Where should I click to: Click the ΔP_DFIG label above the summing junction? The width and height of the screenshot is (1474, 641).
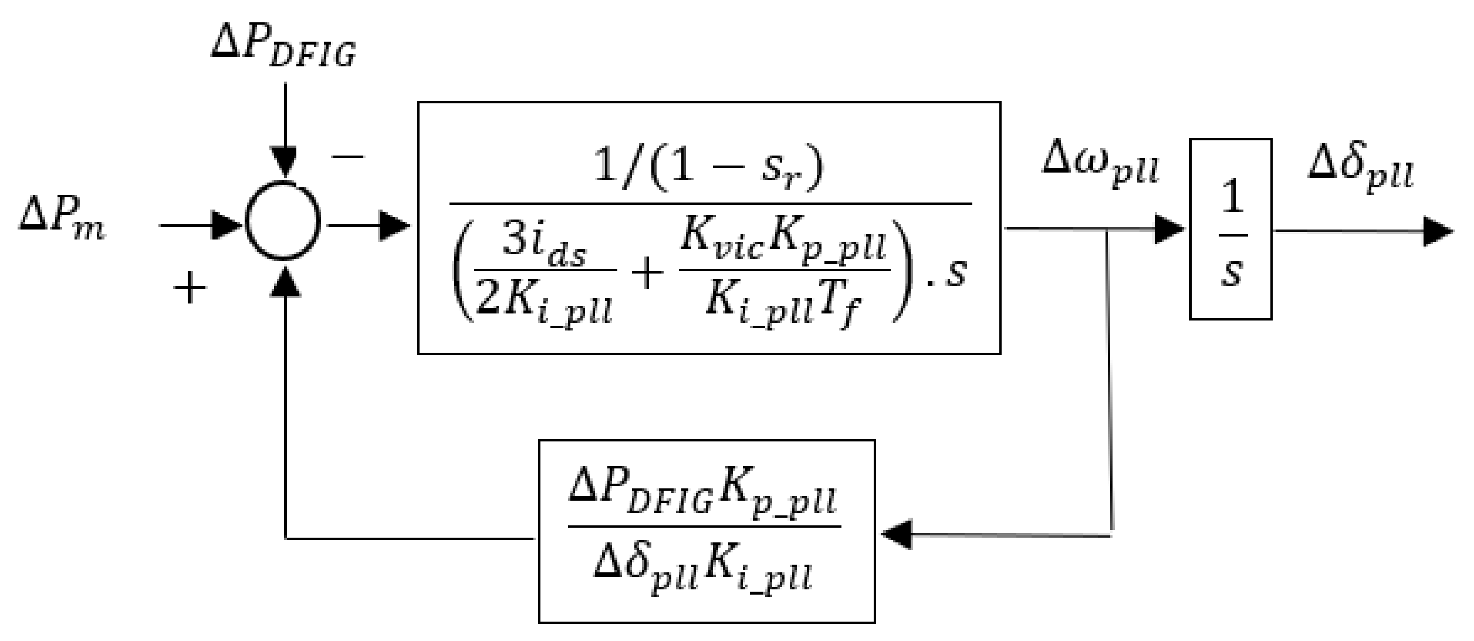pos(283,49)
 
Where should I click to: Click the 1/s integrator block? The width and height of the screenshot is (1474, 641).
pos(1230,229)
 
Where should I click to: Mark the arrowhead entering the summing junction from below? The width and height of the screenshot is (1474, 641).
pos(285,281)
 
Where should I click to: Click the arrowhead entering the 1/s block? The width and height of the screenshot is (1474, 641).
pos(1169,229)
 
